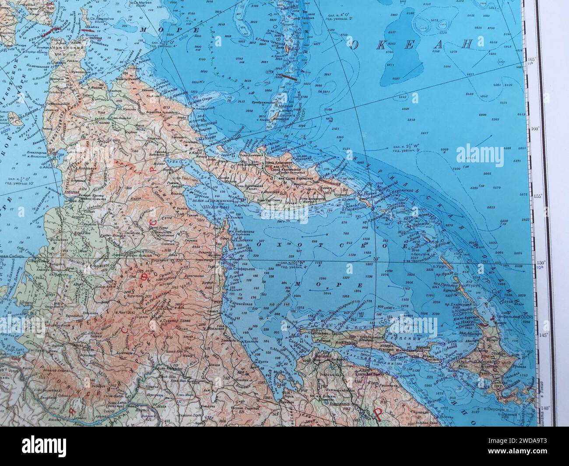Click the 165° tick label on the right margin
[532, 60]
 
